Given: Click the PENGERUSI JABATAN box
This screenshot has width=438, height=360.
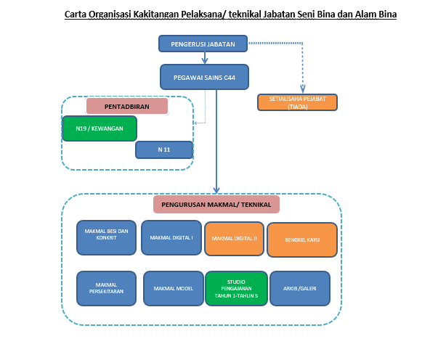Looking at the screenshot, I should (x=203, y=44).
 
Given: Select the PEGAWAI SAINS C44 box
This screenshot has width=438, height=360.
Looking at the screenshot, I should (x=203, y=77).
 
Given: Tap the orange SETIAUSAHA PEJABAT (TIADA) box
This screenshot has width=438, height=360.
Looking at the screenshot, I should (x=297, y=102).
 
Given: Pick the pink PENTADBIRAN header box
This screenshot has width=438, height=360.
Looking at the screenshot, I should (x=127, y=106).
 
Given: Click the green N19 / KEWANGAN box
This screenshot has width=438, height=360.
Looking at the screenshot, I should (x=100, y=128).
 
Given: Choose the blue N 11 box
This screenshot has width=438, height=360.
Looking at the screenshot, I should (x=163, y=150).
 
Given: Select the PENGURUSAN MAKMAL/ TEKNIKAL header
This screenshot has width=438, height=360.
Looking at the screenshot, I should (x=216, y=205).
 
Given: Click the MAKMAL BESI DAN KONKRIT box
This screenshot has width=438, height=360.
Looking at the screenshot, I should (x=106, y=237).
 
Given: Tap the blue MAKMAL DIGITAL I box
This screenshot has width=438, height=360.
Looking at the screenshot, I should (x=171, y=237).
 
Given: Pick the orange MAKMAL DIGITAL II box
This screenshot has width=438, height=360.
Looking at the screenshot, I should (x=235, y=238).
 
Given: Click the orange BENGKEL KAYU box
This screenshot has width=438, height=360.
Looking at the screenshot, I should (x=301, y=240).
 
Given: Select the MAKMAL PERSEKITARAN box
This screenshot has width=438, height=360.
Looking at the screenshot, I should (x=106, y=288).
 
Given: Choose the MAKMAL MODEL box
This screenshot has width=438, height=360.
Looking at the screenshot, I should (x=173, y=289).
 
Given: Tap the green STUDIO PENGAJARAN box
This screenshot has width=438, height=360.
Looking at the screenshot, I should (x=236, y=288).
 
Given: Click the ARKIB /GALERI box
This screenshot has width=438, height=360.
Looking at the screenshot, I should (x=299, y=288).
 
